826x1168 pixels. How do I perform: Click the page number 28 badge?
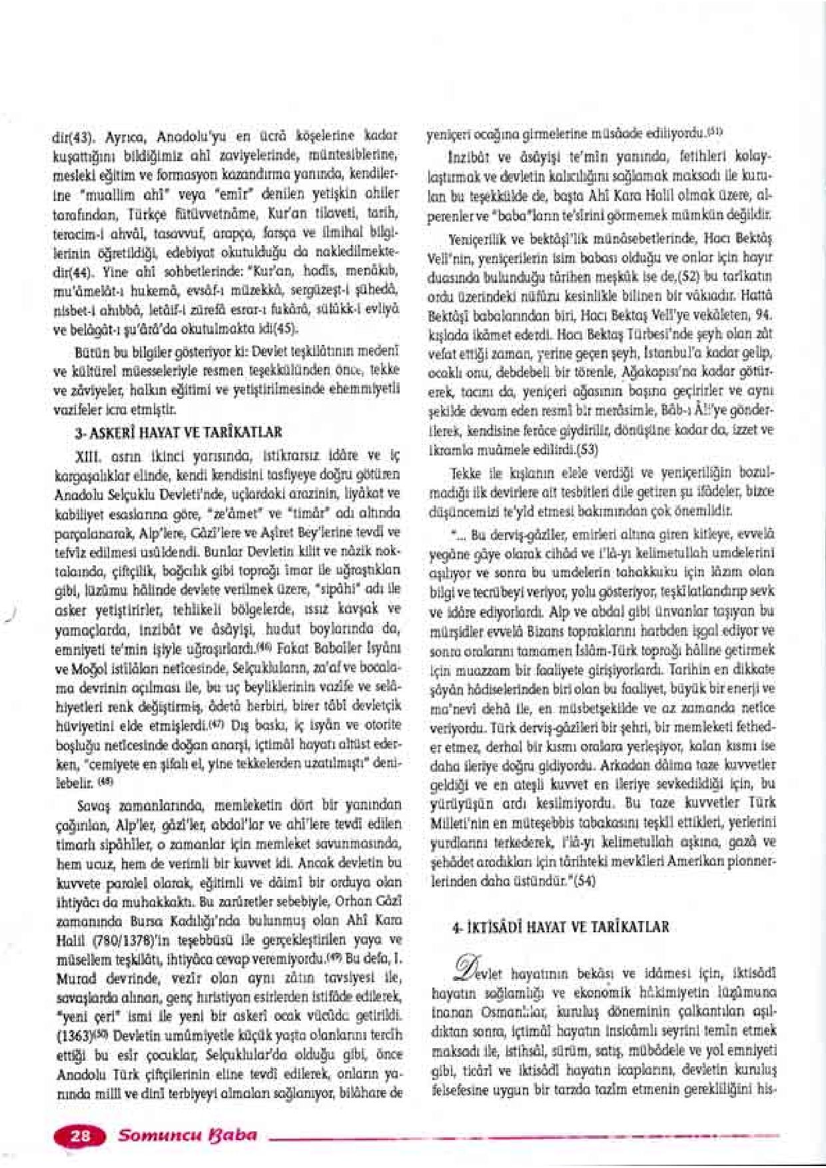point(81,1136)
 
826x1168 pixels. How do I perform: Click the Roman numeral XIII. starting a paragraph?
point(88,453)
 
